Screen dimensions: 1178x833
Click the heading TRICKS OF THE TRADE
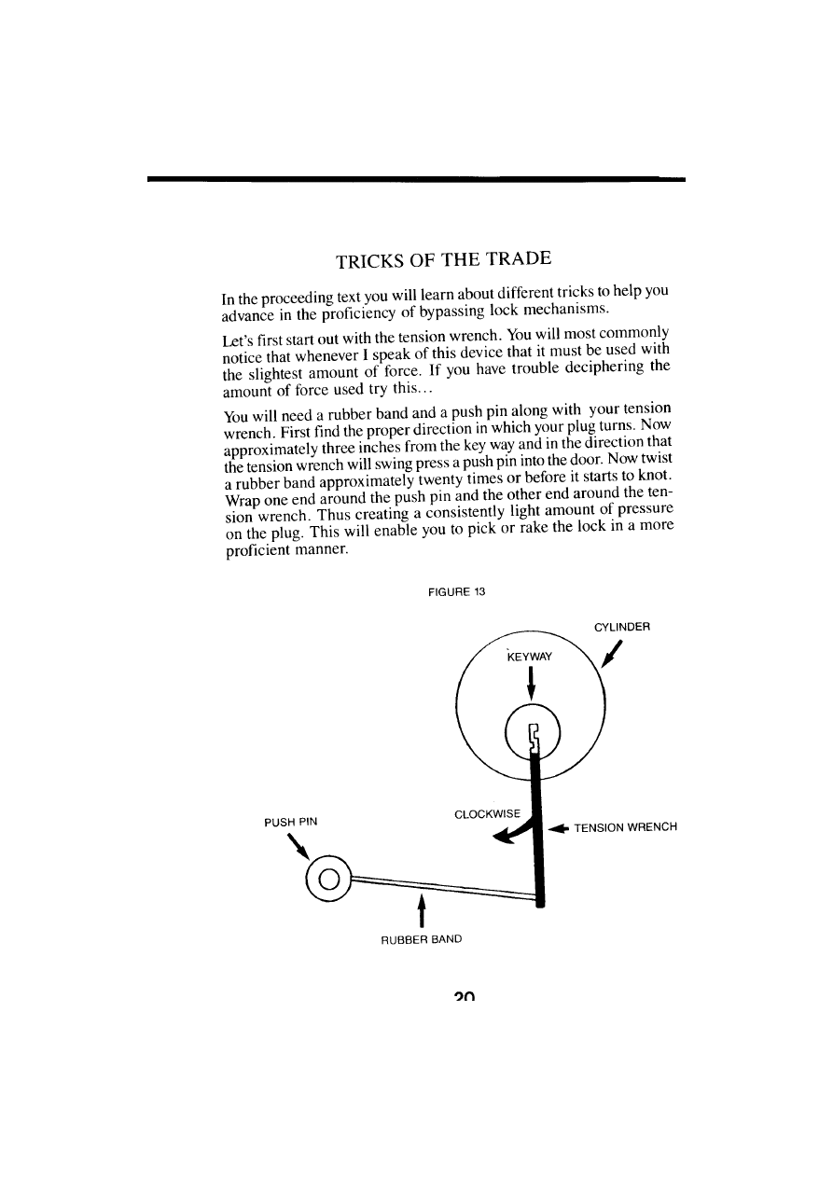(x=443, y=258)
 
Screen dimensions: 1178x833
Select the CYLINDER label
(x=621, y=627)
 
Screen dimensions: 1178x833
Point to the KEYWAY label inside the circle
(x=529, y=656)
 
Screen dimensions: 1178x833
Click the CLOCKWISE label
(x=486, y=813)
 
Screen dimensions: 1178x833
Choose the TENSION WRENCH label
(x=625, y=827)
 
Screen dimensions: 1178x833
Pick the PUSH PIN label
(x=290, y=822)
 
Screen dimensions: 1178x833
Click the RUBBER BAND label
(x=422, y=939)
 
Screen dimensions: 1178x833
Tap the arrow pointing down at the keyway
(x=531, y=683)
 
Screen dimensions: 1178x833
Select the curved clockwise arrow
(x=514, y=831)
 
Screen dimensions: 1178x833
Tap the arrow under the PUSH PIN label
(x=298, y=847)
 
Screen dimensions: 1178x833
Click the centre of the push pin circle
(x=327, y=879)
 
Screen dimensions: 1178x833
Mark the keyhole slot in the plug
(x=534, y=737)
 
